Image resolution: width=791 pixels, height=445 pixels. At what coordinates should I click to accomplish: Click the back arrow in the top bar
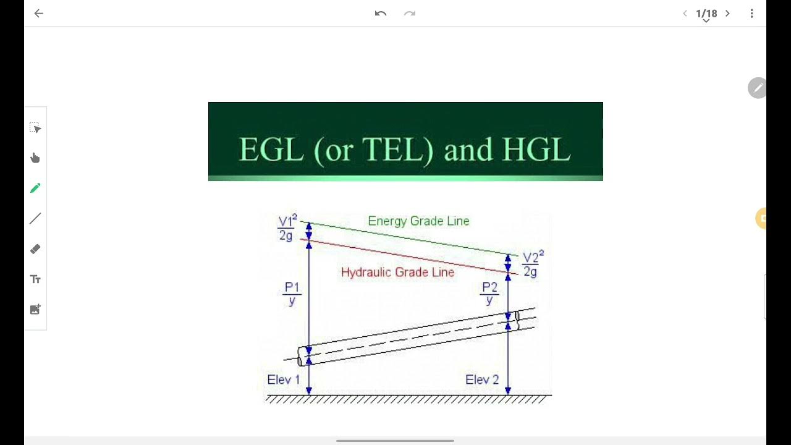39,14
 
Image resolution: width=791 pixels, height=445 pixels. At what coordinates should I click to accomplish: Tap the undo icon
381,14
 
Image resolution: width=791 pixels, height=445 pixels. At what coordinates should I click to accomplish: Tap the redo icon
410,14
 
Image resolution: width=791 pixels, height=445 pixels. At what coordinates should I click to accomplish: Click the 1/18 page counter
706,14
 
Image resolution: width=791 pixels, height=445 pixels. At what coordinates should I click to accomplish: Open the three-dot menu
751,14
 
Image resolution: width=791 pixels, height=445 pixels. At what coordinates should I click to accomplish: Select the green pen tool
35,188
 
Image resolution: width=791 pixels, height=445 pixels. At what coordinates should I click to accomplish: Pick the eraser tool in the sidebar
35,249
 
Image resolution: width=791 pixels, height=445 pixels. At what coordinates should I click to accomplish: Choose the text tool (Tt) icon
35,279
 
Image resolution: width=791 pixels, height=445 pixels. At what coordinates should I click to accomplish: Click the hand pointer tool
35,158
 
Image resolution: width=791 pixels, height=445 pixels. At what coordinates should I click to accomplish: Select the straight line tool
35,218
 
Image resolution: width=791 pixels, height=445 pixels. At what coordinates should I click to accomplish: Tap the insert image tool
35,310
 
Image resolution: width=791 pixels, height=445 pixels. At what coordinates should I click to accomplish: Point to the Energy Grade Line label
418,221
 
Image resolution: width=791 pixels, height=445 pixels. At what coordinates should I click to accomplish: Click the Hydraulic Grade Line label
397,273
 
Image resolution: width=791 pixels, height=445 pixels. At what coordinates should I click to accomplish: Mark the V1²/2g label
287,227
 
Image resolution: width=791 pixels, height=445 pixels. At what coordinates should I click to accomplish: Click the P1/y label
292,294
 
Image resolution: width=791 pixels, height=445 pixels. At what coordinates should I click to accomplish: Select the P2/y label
489,294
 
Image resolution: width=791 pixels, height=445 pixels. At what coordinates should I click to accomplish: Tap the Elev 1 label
283,379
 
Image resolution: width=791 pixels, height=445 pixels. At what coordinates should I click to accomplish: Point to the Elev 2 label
482,379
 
